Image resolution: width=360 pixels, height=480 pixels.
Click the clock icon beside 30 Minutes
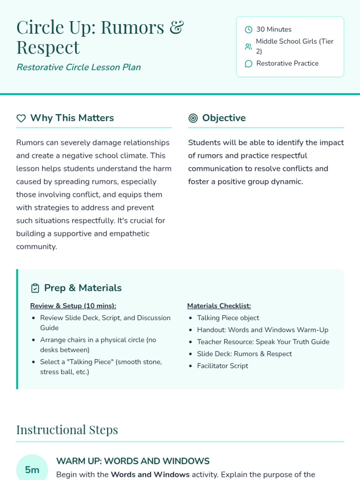248,29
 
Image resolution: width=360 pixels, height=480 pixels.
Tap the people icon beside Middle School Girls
248,46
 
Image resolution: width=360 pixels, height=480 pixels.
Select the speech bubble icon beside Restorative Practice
248,64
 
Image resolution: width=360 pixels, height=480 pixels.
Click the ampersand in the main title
176,28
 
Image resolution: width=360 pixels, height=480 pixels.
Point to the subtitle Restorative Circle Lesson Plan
79,67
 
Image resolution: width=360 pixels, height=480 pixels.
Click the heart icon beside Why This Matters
21,118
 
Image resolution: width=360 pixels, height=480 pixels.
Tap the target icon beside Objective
193,118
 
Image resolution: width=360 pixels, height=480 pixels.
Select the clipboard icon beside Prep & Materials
35,288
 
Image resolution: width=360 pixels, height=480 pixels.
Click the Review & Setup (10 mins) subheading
73,306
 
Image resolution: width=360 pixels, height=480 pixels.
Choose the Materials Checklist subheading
219,306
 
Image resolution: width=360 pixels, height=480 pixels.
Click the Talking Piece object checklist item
228,318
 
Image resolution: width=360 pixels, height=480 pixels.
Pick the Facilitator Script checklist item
222,366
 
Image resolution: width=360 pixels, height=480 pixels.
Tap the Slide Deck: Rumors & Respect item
244,354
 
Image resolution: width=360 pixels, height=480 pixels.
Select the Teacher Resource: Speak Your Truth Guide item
263,342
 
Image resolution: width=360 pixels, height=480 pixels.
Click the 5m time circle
32,469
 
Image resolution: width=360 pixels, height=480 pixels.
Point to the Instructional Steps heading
67,430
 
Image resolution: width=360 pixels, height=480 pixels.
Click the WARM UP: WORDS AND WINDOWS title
133,461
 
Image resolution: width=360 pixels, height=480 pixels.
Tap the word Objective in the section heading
224,118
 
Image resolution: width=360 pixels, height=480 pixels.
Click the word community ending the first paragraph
36,247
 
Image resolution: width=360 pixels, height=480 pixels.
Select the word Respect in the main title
48,47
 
